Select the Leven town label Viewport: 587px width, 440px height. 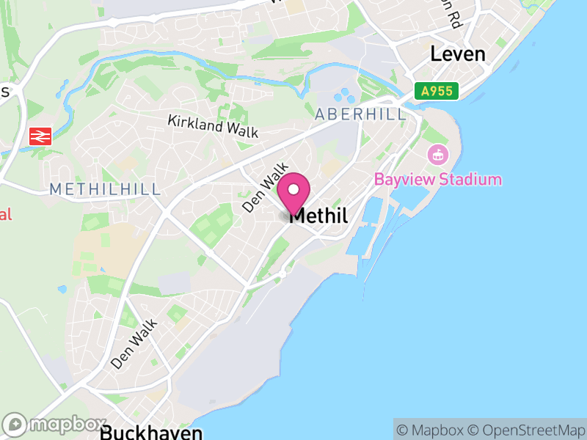tap(458, 54)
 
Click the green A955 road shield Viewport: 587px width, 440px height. tap(436, 92)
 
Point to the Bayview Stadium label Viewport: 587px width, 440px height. tap(438, 180)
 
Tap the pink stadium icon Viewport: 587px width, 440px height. tap(437, 155)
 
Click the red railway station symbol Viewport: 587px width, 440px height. tap(40, 136)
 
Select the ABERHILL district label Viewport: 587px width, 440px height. tap(360, 115)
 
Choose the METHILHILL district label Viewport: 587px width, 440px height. tap(105, 189)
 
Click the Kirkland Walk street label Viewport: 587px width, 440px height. tap(213, 126)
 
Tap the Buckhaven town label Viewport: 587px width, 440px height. tap(150, 432)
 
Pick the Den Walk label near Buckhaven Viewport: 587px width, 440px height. tap(134, 343)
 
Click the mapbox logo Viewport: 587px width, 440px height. tap(56, 425)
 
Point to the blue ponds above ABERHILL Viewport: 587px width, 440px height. tap(343, 96)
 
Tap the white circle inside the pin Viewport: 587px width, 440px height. tap(293, 190)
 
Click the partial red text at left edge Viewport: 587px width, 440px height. tap(6, 215)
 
